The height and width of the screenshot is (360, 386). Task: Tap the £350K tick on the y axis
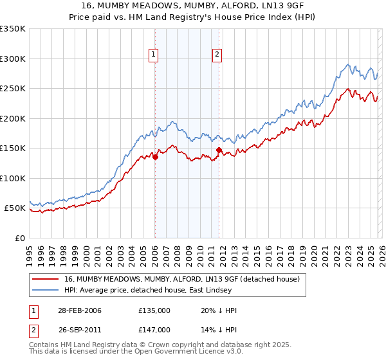[13, 29]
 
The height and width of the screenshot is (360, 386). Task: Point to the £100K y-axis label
[13, 178]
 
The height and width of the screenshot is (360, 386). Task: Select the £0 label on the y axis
[19, 238]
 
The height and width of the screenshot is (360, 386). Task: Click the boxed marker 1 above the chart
[154, 55]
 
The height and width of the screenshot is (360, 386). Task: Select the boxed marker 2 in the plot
[217, 55]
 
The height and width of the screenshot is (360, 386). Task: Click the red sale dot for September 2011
[219, 150]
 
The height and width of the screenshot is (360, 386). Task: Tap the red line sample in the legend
[46, 280]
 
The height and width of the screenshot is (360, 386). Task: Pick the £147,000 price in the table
[154, 330]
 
